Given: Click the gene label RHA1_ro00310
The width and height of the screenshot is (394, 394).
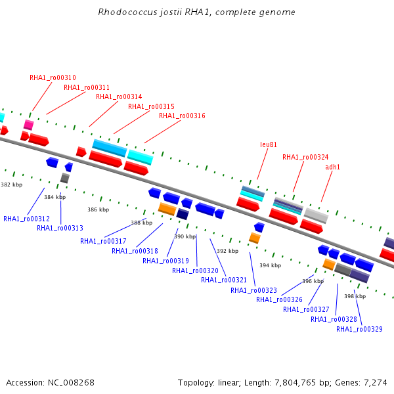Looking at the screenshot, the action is coord(53,77).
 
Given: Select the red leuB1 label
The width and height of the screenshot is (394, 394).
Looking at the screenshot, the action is coord(269,144).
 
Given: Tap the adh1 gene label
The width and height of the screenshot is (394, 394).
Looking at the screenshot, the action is coord(332,167).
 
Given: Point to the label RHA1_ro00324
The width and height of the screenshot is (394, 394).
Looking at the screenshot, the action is coord(305,158).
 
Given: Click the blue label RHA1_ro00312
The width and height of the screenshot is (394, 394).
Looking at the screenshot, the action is coord(26,219).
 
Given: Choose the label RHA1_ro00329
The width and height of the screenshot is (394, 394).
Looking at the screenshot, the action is coord(359,329).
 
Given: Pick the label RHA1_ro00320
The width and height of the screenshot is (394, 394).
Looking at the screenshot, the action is coord(195,271).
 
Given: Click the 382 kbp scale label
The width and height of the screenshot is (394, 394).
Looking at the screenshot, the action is coord(12,185).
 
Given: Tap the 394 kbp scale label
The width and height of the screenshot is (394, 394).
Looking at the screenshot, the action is coord(270,265).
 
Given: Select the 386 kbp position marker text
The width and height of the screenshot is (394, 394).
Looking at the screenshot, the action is coord(98,209).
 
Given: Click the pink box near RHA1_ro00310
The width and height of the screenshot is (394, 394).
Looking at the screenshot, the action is coord(29,125).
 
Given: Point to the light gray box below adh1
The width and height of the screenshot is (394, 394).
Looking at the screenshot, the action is coord(316,215).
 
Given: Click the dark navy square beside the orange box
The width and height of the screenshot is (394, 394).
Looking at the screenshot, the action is coord(183,214).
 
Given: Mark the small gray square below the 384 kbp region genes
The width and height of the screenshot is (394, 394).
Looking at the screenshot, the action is coord(65,178).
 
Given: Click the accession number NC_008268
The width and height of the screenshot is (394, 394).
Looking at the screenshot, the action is coord(71,383).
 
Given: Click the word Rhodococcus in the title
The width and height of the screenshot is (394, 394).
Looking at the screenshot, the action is coord(127,12).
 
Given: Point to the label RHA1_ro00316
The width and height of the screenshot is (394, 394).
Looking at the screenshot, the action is coord(182,116).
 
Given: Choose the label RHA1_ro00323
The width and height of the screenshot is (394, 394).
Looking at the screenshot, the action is coord(253,290).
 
